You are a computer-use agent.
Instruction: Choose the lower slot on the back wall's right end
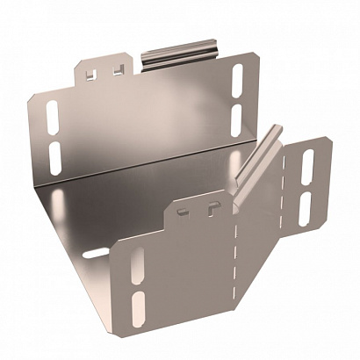tap(235, 117)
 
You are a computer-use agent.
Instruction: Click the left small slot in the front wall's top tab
tap(181, 212)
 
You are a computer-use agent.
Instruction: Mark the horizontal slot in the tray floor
tap(96, 255)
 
